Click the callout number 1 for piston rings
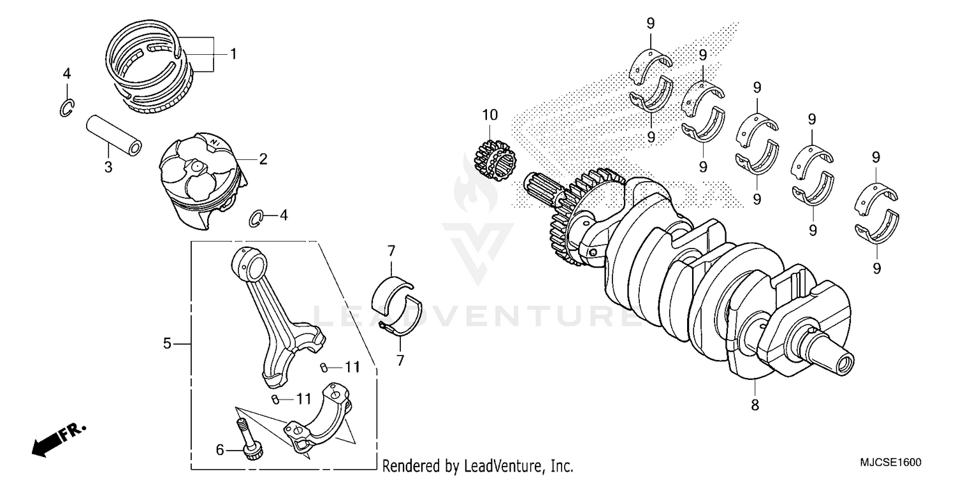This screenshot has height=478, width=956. (233, 54)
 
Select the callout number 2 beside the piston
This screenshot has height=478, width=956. (263, 159)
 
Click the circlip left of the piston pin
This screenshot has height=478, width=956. (68, 108)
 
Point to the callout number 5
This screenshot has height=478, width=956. (167, 344)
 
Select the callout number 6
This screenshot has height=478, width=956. (221, 450)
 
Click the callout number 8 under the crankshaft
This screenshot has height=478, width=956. (755, 405)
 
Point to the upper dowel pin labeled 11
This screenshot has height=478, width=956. (324, 367)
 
